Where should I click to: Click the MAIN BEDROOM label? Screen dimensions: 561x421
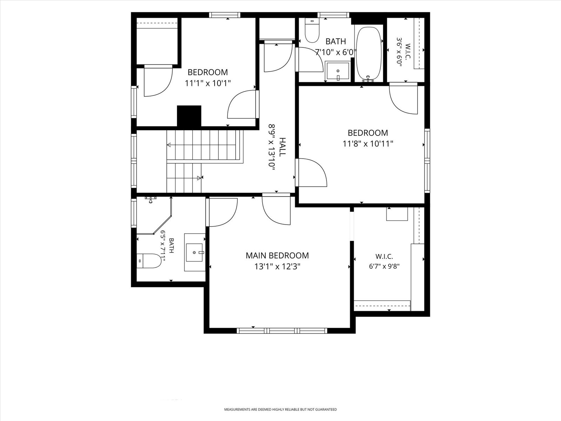pyautogui.click(x=277, y=255)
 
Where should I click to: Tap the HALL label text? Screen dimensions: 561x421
pyautogui.click(x=282, y=147)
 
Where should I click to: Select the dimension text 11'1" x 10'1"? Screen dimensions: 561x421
pyautogui.click(x=208, y=83)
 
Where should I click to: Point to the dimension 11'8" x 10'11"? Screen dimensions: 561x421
pyautogui.click(x=367, y=143)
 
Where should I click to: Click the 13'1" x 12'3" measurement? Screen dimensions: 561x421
pyautogui.click(x=277, y=267)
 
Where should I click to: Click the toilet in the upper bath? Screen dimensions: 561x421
pyautogui.click(x=312, y=31)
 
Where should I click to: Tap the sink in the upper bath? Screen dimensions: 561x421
pyautogui.click(x=338, y=71)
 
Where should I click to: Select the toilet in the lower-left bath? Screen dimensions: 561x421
pyautogui.click(x=149, y=261)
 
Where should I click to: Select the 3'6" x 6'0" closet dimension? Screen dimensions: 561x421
pyautogui.click(x=399, y=52)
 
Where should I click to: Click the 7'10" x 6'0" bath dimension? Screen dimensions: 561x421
pyautogui.click(x=336, y=52)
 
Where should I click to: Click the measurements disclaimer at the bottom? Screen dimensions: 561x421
pyautogui.click(x=280, y=409)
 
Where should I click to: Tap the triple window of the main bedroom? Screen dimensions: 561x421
pyautogui.click(x=282, y=331)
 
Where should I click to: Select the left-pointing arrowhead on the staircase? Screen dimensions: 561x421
pyautogui.click(x=169, y=145)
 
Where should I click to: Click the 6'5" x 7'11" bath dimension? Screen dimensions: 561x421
pyautogui.click(x=163, y=246)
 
